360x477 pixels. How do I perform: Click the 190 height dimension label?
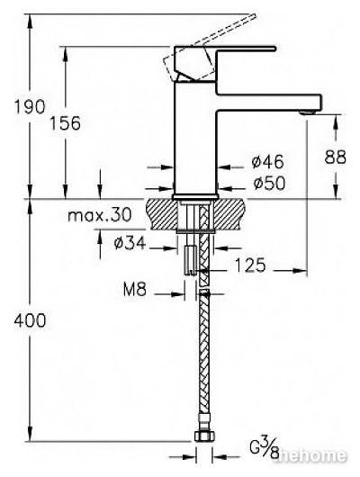coord(30,107)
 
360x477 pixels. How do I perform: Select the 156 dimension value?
coord(65,123)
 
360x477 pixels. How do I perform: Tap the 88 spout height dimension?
coord(336,157)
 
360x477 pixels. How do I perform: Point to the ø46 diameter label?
coord(268,161)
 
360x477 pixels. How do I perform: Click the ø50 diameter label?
coord(269,183)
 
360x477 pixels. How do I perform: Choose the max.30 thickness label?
coord(100,215)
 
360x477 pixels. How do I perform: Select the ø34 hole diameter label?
coord(130,243)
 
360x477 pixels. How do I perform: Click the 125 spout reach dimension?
coord(250,265)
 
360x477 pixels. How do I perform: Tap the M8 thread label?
coord(135,289)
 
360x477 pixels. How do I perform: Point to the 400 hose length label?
coord(30,320)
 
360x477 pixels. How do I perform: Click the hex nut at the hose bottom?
coord(204,436)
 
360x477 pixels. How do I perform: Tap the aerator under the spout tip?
coord(307,112)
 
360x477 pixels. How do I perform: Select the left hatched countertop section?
coord(162,214)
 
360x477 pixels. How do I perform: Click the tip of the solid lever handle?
coord(274,48)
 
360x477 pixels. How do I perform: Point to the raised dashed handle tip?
coord(252,16)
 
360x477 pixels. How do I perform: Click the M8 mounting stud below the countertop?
coord(190,260)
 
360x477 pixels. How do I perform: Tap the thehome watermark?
coord(310,455)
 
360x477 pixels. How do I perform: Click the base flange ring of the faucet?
coord(195,197)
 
